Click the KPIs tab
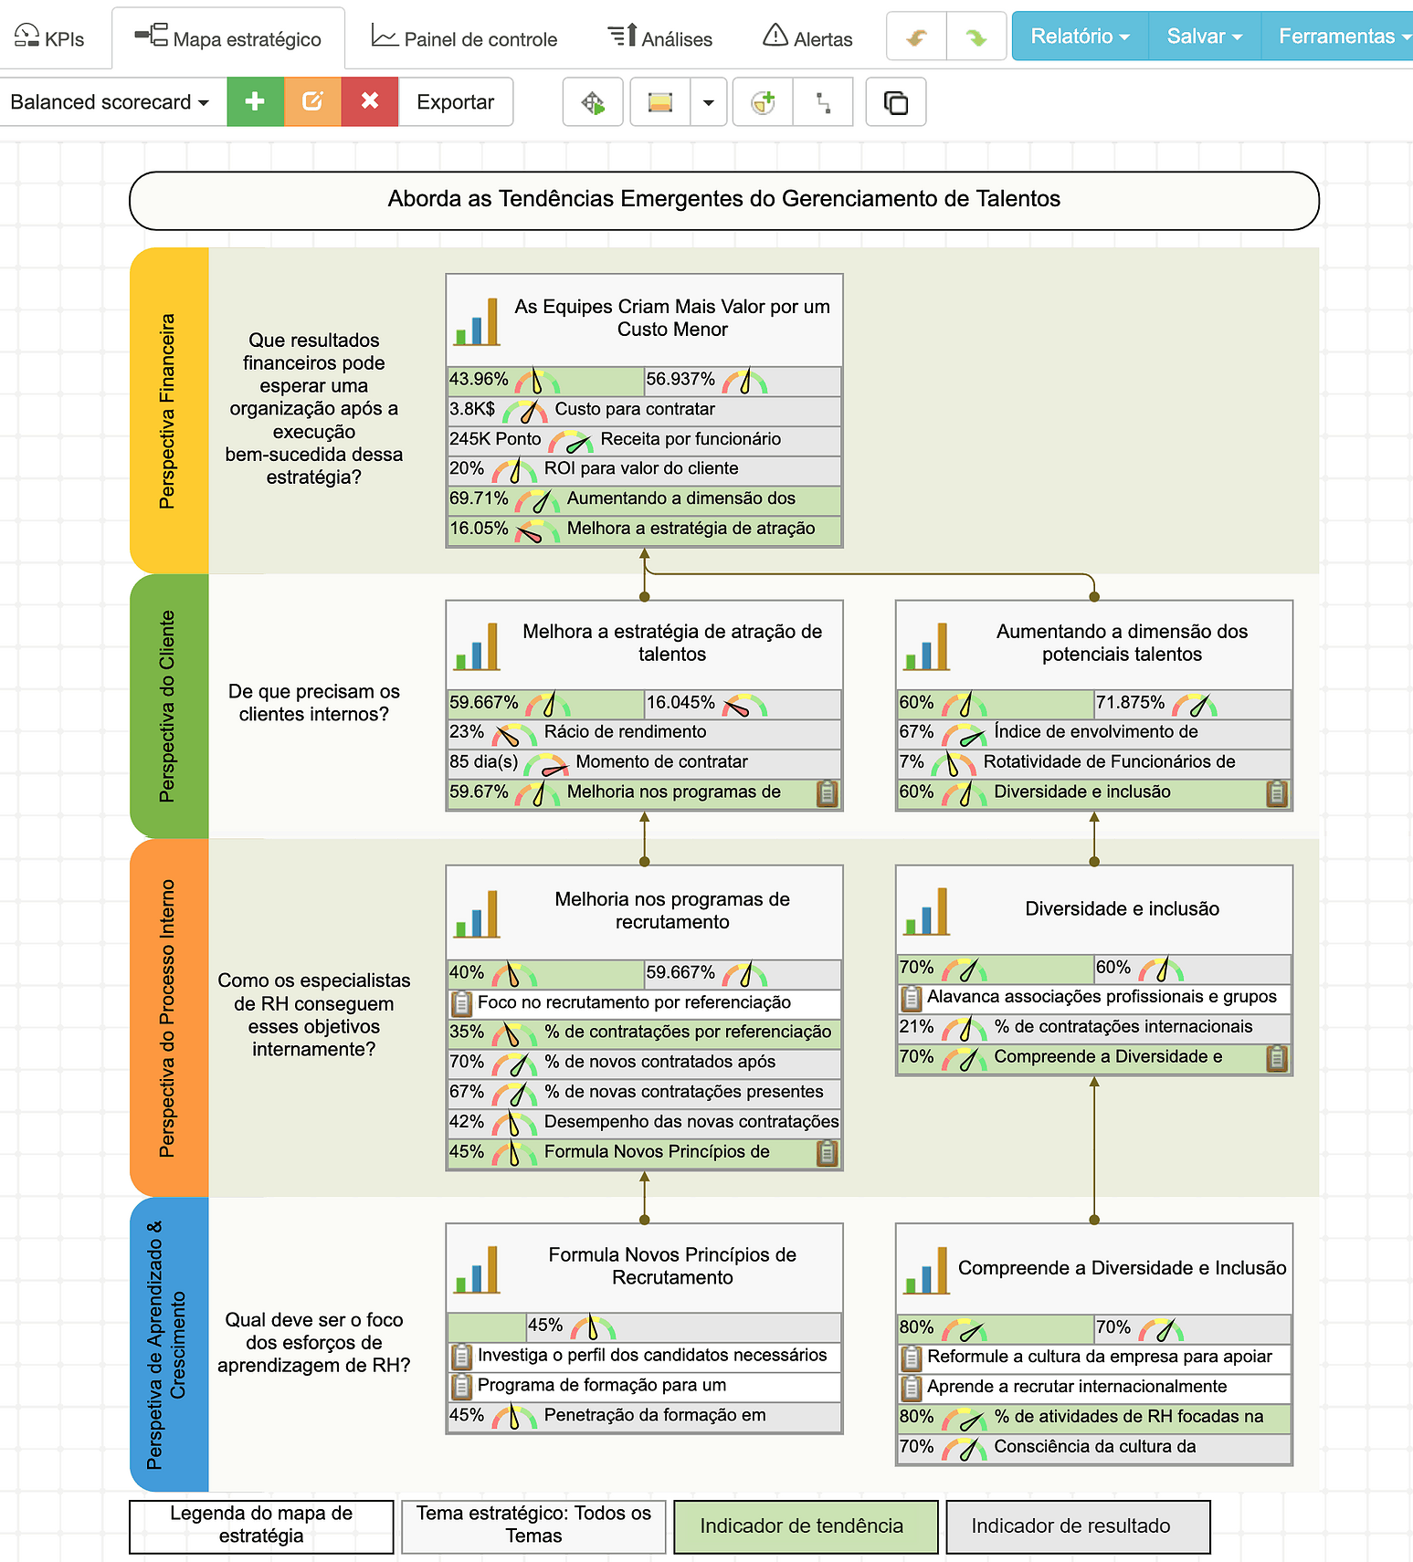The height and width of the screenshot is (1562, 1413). pyautogui.click(x=50, y=38)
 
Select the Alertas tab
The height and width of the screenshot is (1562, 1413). pyautogui.click(x=807, y=38)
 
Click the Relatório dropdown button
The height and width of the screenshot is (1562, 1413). pyautogui.click(x=1080, y=37)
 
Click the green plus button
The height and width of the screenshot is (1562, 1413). pyautogui.click(x=255, y=101)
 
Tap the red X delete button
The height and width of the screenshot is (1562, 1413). pyautogui.click(x=369, y=101)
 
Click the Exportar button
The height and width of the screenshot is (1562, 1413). pyautogui.click(x=455, y=101)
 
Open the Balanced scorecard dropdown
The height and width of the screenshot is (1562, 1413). pyautogui.click(x=110, y=101)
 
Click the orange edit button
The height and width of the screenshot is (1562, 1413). pyautogui.click(x=312, y=101)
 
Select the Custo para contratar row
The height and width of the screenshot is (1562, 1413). pyautogui.click(x=635, y=409)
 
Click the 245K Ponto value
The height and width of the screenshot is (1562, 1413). pyautogui.click(x=495, y=439)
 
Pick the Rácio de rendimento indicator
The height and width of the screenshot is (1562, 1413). pyautogui.click(x=625, y=732)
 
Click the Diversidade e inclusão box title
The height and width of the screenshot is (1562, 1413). pyautogui.click(x=1122, y=908)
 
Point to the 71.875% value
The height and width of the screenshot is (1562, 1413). pyautogui.click(x=1130, y=702)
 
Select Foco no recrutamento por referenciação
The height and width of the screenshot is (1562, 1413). pyautogui.click(x=634, y=1002)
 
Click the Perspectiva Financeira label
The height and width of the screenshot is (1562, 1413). pyautogui.click(x=167, y=411)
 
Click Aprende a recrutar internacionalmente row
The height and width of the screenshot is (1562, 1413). pyautogui.click(x=1077, y=1387)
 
